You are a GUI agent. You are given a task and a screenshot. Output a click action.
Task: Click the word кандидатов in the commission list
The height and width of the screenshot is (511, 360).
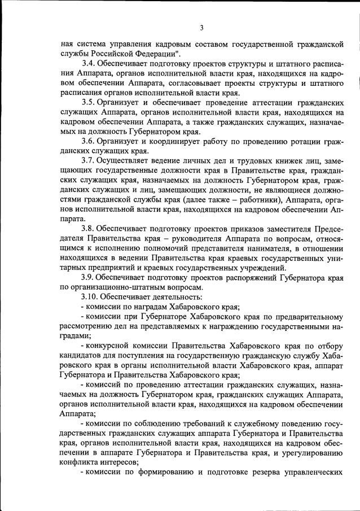[x=82, y=355]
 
